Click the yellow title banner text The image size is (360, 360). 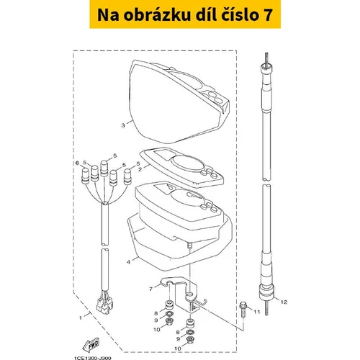[x=185, y=14]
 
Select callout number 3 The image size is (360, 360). [x=123, y=125]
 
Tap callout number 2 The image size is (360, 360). [x=140, y=169]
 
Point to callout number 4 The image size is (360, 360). [x=128, y=262]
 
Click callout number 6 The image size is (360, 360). [x=77, y=163]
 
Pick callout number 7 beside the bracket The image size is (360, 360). [x=150, y=289]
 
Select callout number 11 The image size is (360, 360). [x=257, y=312]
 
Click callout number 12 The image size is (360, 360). [x=284, y=302]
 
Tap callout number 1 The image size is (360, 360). [x=81, y=318]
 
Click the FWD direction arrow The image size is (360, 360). [x=91, y=344]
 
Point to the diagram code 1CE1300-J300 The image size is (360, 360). [x=93, y=358]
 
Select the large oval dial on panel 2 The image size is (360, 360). [x=189, y=163]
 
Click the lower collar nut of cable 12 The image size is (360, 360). [x=266, y=292]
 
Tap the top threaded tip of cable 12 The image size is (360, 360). [x=266, y=58]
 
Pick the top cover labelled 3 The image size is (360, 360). [x=179, y=102]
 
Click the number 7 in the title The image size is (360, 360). [x=268, y=15]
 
